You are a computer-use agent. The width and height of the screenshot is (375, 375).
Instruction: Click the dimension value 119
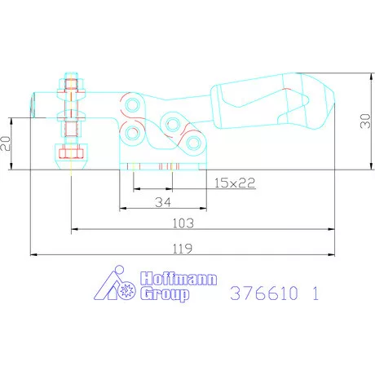click(x=183, y=249)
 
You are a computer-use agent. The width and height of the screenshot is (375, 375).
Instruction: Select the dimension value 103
click(x=183, y=223)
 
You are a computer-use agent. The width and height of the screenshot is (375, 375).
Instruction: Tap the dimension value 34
click(x=163, y=202)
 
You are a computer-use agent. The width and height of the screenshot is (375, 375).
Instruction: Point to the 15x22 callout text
click(x=235, y=183)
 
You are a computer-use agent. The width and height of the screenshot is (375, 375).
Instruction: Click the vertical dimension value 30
click(x=365, y=121)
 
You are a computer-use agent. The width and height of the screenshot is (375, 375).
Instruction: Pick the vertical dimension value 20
click(x=6, y=143)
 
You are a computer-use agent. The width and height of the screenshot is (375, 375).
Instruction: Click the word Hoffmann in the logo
click(x=179, y=279)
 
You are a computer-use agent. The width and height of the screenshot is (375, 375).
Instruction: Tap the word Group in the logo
click(x=165, y=294)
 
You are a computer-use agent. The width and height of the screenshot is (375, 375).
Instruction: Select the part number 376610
click(x=264, y=293)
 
